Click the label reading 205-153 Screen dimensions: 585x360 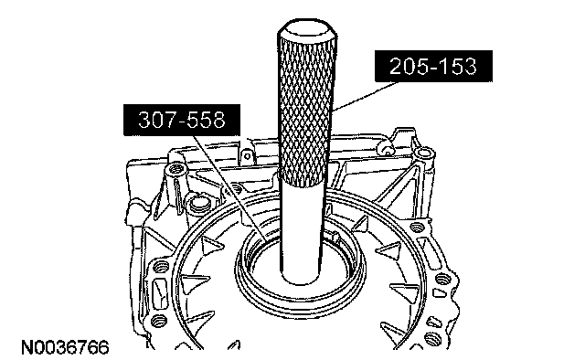click(433, 66)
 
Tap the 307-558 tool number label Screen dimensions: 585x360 click(182, 120)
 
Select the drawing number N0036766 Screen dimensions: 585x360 click(65, 348)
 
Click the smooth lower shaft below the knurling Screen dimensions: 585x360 click(302, 231)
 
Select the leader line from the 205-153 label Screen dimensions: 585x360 click(364, 96)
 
